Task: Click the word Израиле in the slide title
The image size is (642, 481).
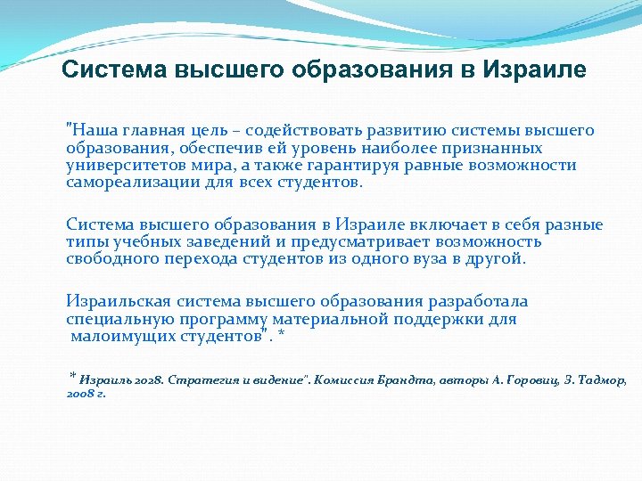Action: coord(535,69)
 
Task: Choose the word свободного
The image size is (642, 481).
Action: coord(113,259)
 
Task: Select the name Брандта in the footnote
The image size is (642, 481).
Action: coord(394,380)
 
